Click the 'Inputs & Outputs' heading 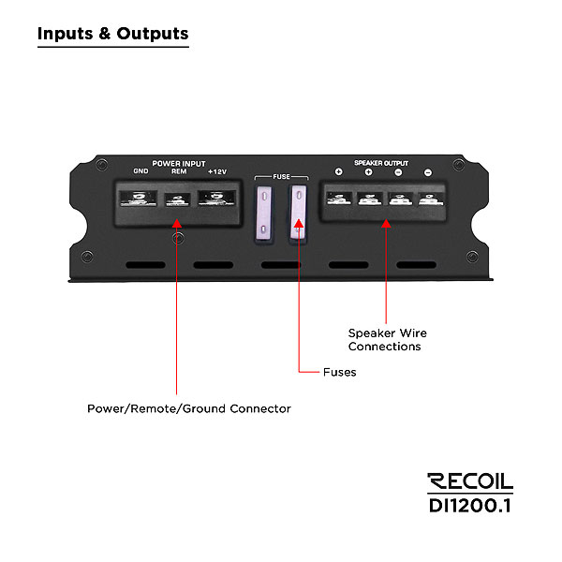pos(112,34)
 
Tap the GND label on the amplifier pos(141,171)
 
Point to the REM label pos(178,171)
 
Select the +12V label pos(217,171)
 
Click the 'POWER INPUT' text pos(178,163)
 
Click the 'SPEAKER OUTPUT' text pos(381,163)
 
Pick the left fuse pos(266,211)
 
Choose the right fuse pos(299,211)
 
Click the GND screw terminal pos(139,199)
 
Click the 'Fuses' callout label pos(339,372)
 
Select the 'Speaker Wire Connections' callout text pos(387,339)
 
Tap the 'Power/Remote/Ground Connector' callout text pos(188,408)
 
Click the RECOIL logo pos(469,481)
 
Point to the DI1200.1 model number pos(469,505)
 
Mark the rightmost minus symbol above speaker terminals pos(427,172)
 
